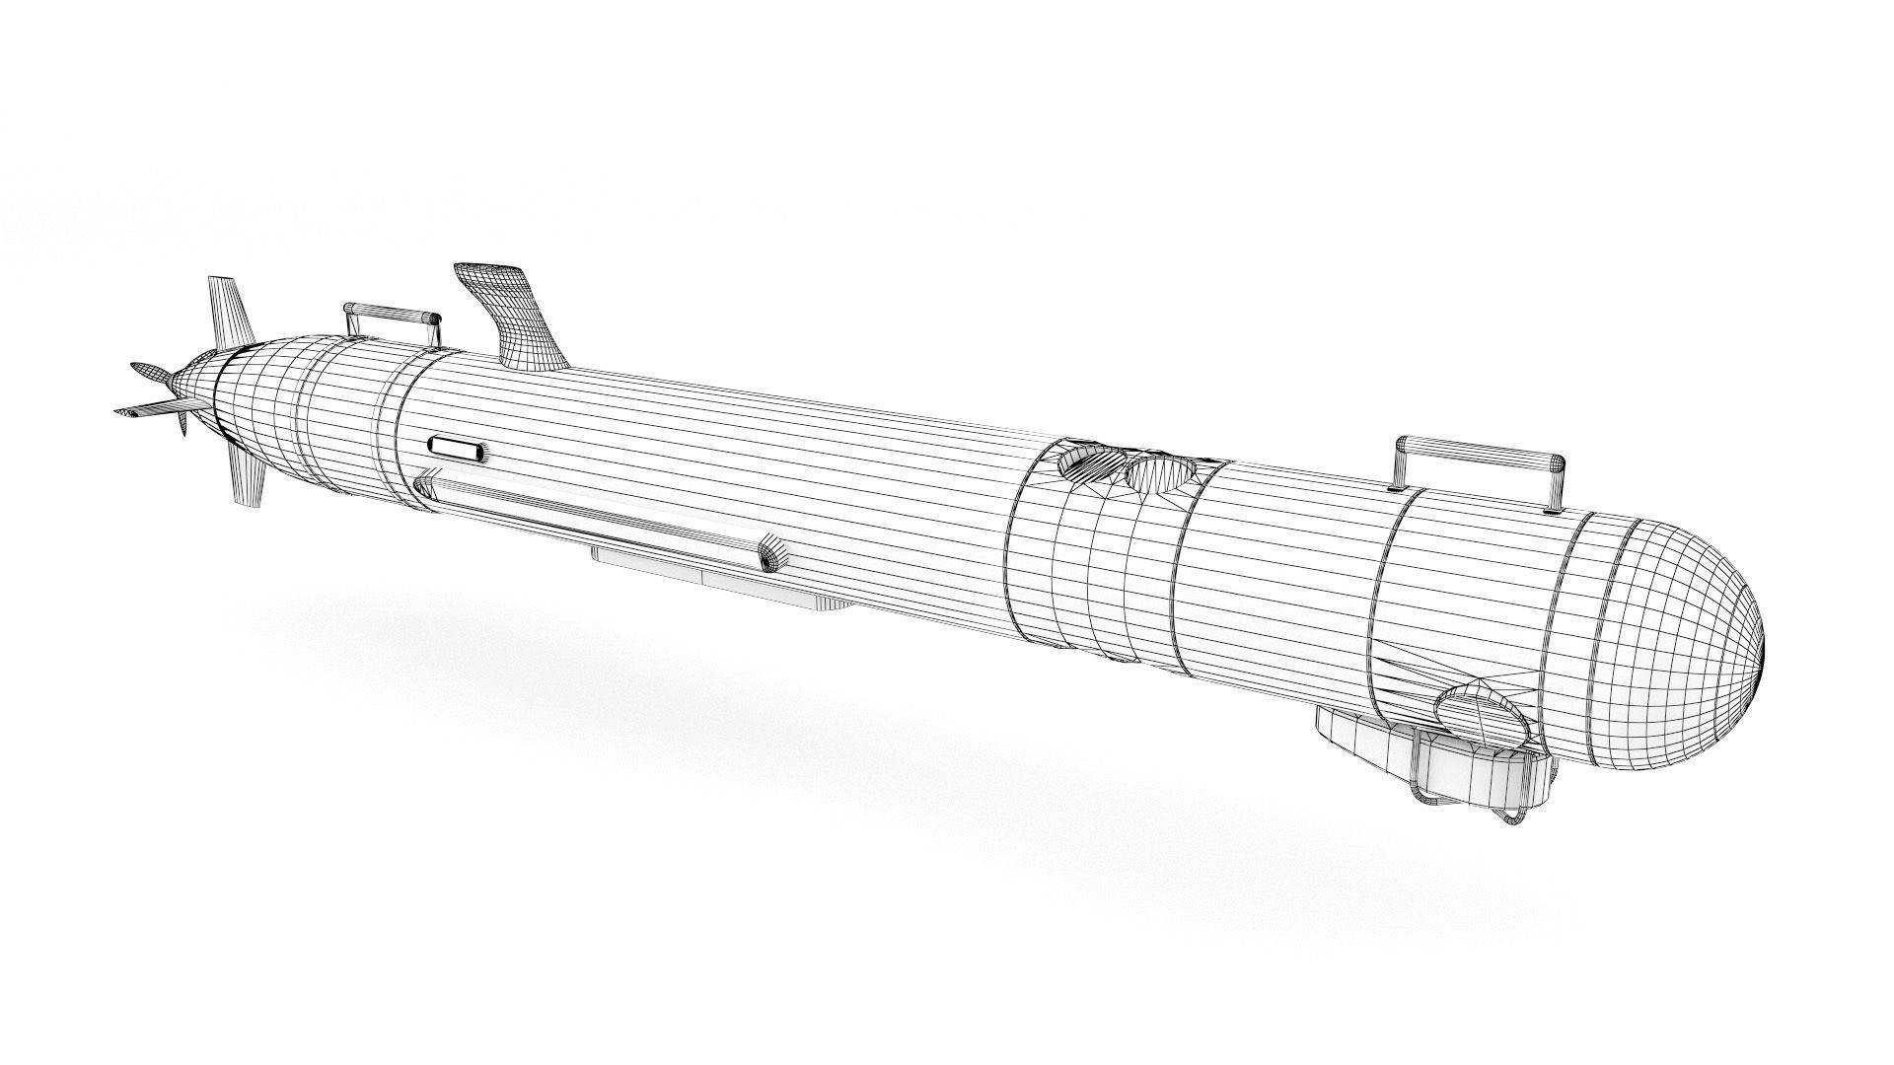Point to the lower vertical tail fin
pos(247,479)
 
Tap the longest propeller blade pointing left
pos(148,409)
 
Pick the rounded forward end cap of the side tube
pos(769,553)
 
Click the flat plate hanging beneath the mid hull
pos(720,582)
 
